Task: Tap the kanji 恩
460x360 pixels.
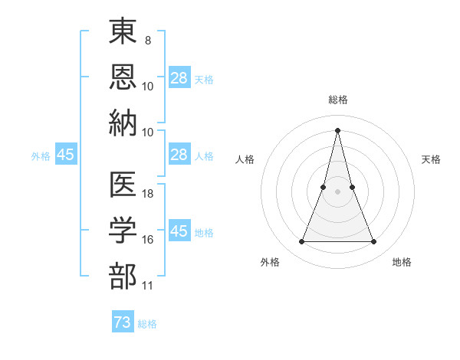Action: click(x=123, y=77)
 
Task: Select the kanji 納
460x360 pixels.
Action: click(x=123, y=123)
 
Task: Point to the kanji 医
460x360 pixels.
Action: click(x=123, y=185)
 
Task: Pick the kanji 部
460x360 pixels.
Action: click(x=123, y=276)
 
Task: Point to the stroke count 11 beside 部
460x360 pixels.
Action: click(x=148, y=286)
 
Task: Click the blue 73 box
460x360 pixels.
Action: click(x=123, y=322)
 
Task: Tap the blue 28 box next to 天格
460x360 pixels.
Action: click(x=179, y=78)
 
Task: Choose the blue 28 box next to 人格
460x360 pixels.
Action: click(x=179, y=155)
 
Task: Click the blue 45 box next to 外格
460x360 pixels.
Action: click(x=66, y=155)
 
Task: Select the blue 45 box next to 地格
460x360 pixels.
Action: click(x=179, y=231)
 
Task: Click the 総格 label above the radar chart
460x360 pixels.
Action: click(x=338, y=100)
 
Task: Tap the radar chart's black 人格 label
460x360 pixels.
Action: click(x=245, y=159)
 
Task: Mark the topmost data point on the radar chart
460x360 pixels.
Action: click(x=338, y=130)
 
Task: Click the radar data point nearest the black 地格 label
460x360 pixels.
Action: click(x=374, y=242)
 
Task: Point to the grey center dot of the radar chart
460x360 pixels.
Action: click(x=338, y=191)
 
